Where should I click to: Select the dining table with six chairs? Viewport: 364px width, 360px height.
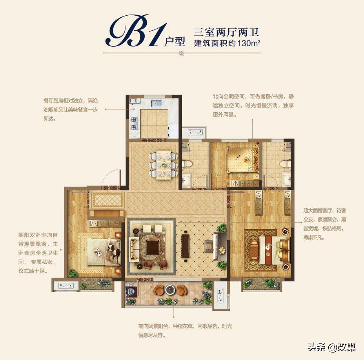click(x=163, y=165)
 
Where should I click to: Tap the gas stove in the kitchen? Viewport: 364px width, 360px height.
click(x=134, y=122)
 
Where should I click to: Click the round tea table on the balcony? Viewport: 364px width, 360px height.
click(x=170, y=290)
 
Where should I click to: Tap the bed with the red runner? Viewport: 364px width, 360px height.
click(x=273, y=250)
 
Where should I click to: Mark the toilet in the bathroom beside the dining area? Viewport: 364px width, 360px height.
click(x=186, y=164)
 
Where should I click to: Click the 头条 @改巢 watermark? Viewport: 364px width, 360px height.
click(x=331, y=347)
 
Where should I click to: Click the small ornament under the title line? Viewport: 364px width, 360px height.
click(x=181, y=54)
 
